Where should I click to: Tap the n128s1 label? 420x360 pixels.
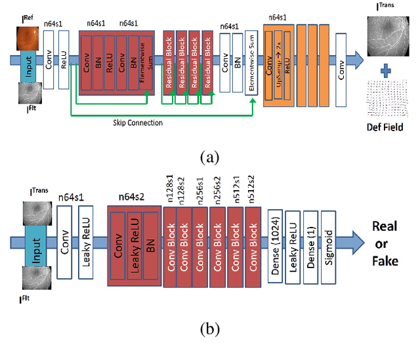coord(169,190)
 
